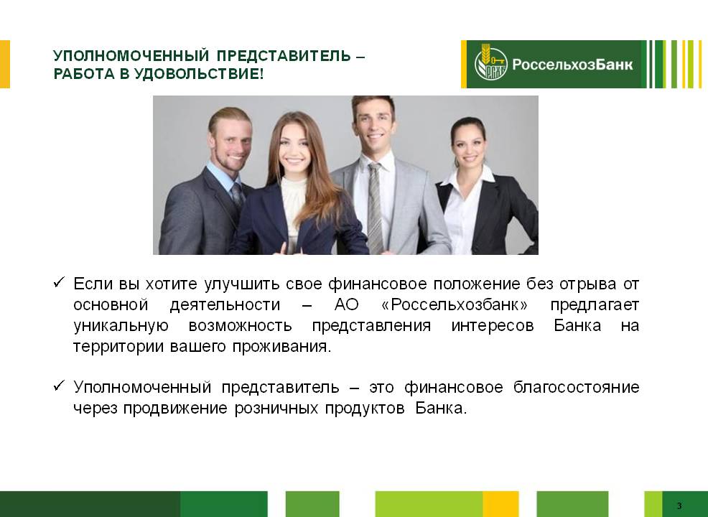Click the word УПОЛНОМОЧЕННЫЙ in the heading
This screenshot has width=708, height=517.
pyautogui.click(x=131, y=55)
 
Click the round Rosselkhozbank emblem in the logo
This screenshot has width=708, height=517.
pyautogui.click(x=491, y=64)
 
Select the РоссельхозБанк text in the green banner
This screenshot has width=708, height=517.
pyautogui.click(x=572, y=64)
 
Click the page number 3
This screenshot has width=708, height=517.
pyautogui.click(x=679, y=506)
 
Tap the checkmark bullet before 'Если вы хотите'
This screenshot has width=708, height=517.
pyautogui.click(x=59, y=282)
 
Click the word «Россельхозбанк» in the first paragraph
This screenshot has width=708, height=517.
pyautogui.click(x=455, y=304)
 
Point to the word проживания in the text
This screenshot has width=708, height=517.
pyautogui.click(x=281, y=347)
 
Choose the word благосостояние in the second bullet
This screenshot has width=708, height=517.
pyautogui.click(x=576, y=388)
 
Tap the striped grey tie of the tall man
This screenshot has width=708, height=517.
pyautogui.click(x=375, y=207)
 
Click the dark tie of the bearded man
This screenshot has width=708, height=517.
pyautogui.click(x=238, y=194)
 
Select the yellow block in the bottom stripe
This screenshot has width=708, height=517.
pyautogui.click(x=500, y=504)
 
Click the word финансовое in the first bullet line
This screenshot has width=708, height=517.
pyautogui.click(x=377, y=284)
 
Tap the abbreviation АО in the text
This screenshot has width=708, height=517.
pyautogui.click(x=346, y=304)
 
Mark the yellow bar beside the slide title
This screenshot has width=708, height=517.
pyautogui.click(x=5, y=64)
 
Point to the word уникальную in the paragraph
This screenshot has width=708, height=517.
pyautogui.click(x=121, y=326)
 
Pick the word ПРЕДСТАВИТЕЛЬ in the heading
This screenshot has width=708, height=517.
pyautogui.click(x=284, y=55)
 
